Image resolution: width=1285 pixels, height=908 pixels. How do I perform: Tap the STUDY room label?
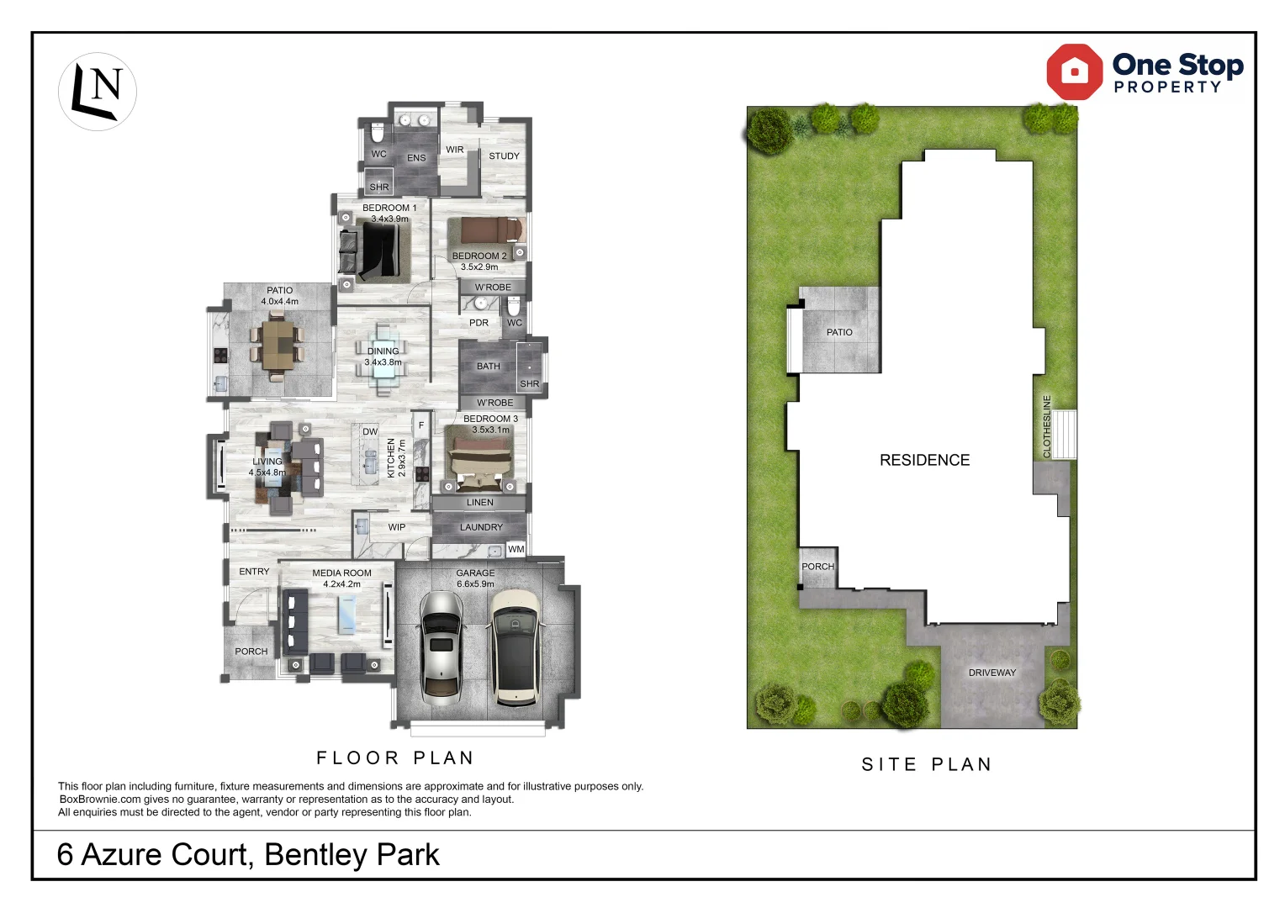pos(504,156)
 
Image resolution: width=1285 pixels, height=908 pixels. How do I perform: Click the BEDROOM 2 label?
pos(479,256)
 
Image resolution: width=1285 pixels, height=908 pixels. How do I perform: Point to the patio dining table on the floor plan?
pos(276,345)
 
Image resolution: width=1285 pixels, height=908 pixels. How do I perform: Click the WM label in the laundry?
pos(516,549)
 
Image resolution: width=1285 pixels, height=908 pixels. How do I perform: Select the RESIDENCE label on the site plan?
pos(924,460)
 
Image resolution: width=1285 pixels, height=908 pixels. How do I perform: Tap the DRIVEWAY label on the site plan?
pos(992,673)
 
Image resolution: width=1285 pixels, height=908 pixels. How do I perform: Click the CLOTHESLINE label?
pos(1047,426)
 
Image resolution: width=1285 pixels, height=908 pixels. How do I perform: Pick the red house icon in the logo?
pos(1074,72)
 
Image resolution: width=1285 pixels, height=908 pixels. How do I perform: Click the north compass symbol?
pos(98,91)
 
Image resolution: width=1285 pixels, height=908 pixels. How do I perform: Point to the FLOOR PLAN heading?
pos(395,758)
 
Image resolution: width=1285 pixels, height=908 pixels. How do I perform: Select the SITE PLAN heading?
pos(927,764)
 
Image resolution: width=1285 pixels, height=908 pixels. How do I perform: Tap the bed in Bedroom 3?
pos(479,461)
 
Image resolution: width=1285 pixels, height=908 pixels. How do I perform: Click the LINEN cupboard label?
pos(479,503)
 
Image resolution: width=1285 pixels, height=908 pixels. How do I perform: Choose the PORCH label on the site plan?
pos(817,567)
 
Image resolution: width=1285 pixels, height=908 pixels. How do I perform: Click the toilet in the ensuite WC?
pos(378,134)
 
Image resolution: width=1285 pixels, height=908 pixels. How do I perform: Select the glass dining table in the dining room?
pos(383,360)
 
